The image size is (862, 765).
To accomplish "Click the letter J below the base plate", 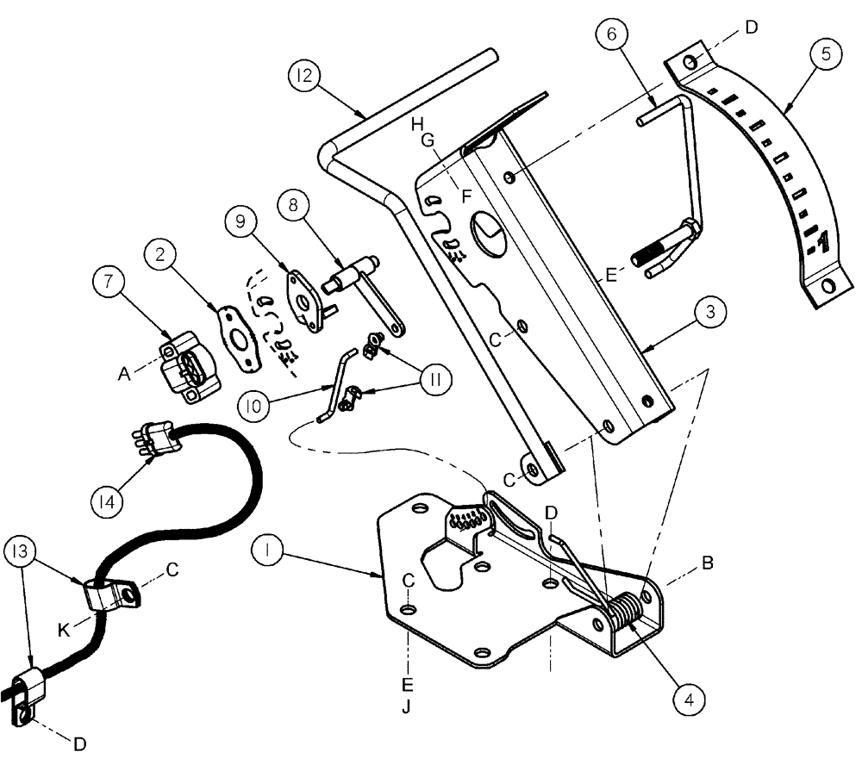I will (x=408, y=708).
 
